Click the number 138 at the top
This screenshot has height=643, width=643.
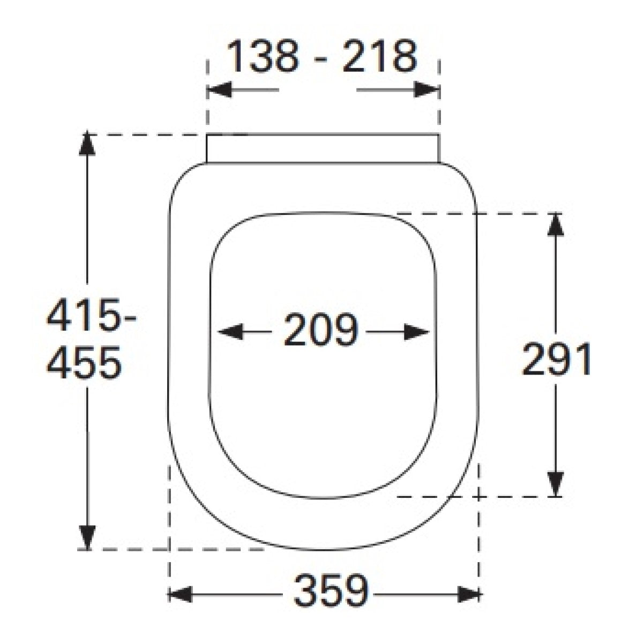pos(263,56)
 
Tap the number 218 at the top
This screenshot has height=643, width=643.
pos(380,56)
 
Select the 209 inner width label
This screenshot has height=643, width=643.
pos(321,330)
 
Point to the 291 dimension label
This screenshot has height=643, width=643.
pos(556,360)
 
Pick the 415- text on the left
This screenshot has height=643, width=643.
pos(92,315)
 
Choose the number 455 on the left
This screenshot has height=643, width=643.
pos(84,363)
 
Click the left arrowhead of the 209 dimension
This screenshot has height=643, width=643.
pos(230,332)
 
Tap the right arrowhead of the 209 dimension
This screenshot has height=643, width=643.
pos(416,332)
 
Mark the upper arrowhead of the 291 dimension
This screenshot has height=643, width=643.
pos(556,225)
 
